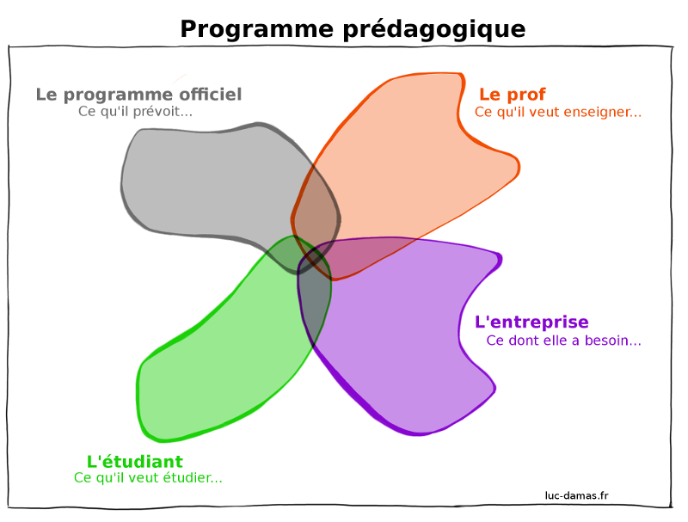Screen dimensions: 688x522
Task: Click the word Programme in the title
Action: [x=257, y=30]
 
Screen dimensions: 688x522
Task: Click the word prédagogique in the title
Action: [x=434, y=30]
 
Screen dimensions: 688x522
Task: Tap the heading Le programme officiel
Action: [x=138, y=95]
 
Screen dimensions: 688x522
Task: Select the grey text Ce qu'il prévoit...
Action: [x=135, y=112]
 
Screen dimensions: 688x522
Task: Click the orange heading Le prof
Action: [x=513, y=95]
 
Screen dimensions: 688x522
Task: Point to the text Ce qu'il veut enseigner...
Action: [x=557, y=113]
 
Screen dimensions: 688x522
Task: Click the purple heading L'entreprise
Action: [x=531, y=322]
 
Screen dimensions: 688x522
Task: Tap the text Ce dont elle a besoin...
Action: [x=564, y=341]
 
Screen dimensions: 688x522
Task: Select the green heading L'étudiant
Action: [x=135, y=462]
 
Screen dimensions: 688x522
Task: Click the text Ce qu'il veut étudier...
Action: [x=148, y=477]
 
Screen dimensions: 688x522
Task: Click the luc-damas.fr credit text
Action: [x=576, y=495]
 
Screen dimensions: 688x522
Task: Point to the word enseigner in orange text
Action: [x=603, y=113]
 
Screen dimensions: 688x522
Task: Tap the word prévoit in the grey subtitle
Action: [x=163, y=112]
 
